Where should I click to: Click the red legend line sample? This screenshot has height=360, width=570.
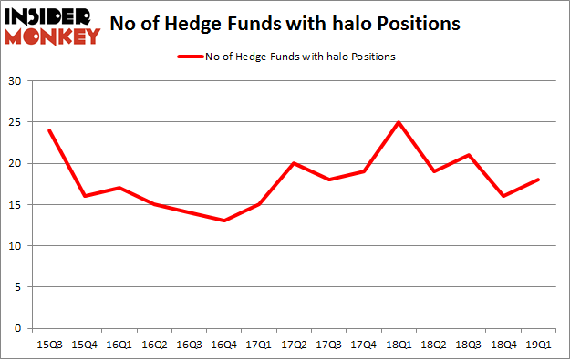(192, 57)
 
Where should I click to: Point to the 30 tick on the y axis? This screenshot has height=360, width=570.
(16, 82)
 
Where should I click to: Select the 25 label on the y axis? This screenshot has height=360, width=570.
(16, 123)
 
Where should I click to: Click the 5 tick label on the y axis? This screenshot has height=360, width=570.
(18, 287)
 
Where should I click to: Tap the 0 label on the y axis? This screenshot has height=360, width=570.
(18, 328)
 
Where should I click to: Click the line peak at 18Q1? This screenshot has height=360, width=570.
(398, 122)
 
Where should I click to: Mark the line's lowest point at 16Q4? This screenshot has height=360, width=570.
(223, 221)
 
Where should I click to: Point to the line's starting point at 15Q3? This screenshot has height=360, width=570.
(48, 130)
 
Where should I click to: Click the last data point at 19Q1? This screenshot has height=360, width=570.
(537, 180)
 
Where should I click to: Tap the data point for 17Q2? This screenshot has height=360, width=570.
(293, 163)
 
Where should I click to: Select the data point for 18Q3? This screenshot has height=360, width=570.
(468, 155)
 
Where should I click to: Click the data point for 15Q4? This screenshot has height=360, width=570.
(83, 196)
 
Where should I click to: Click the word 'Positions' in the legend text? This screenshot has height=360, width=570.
(374, 57)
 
